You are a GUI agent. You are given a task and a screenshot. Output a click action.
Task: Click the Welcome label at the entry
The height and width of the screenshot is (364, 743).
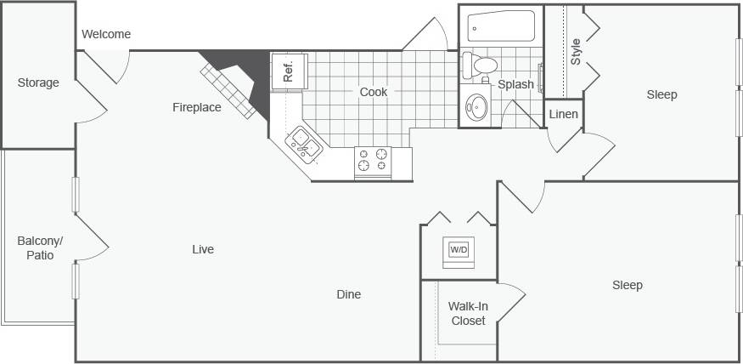pos(106,34)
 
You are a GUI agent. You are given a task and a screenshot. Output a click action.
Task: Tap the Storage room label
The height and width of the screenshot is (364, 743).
pos(38,82)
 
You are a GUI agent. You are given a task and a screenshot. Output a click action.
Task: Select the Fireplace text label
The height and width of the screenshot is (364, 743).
pos(197,107)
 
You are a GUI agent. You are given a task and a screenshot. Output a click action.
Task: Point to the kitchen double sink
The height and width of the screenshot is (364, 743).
pos(303,144)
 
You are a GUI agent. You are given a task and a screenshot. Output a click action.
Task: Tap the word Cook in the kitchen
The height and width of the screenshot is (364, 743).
pos(374,92)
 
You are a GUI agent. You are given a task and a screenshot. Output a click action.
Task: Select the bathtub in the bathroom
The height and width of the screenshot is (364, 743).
pos(501,26)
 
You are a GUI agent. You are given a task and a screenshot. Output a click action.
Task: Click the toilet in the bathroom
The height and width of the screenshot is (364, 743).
pos(481,65)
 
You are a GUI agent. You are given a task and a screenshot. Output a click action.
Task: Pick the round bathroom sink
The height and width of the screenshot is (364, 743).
pos(477,107)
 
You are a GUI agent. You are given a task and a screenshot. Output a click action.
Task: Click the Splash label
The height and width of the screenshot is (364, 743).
pos(515,84)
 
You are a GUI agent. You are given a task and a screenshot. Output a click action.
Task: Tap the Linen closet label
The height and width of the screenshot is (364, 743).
pos(564,114)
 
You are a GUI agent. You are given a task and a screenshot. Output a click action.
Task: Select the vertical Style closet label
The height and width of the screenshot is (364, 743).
pos(576,52)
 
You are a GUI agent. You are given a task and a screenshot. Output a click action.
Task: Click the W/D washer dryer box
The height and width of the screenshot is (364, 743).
pos(459,250)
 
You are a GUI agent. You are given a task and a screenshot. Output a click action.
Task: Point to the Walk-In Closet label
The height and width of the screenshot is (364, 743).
pos(468,314)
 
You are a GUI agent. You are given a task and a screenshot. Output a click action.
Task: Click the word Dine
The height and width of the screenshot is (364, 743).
pos(348,294)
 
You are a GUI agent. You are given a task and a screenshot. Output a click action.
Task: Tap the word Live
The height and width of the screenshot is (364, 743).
pos(203,249)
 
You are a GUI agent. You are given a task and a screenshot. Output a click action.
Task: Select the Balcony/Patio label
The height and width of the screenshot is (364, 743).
pos(40,247)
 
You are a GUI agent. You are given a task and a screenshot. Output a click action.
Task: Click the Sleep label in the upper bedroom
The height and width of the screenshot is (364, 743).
pos(661,94)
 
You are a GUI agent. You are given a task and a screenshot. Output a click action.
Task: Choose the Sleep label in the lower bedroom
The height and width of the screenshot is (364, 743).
pos(628,285)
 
